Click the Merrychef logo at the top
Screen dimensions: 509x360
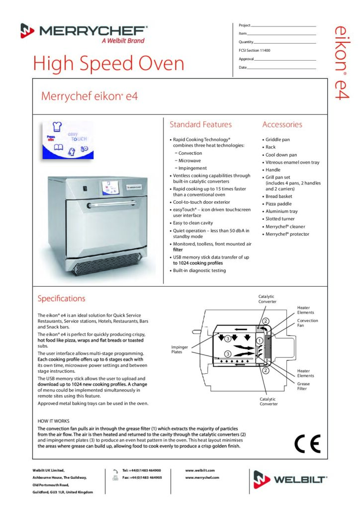pyautogui.click(x=84, y=33)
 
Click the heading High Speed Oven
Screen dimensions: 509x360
pyautogui.click(x=108, y=63)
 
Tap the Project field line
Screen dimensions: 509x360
pyautogui.click(x=283, y=25)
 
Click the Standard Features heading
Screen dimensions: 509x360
pyautogui.click(x=200, y=125)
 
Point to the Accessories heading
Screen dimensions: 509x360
pyautogui.click(x=282, y=125)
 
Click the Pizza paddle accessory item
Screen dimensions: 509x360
pyautogui.click(x=279, y=204)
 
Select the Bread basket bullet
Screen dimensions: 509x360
pyautogui.click(x=279, y=196)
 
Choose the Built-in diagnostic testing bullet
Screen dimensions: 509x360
pyautogui.click(x=199, y=270)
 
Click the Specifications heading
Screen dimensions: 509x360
pyautogui.click(x=62, y=299)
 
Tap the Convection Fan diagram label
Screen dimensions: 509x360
pyautogui.click(x=307, y=323)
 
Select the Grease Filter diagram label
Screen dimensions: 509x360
pyautogui.click(x=303, y=386)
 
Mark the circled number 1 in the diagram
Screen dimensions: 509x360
pyautogui.click(x=259, y=340)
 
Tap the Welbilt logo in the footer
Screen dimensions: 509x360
pyautogui.click(x=290, y=480)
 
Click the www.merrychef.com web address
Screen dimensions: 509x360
pyautogui.click(x=202, y=477)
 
